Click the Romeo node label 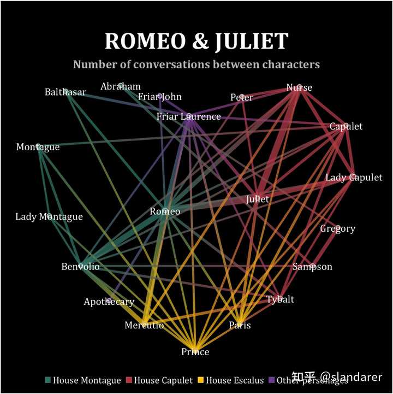tap(165, 211)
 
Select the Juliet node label tap(258, 199)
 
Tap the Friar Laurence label tap(188, 116)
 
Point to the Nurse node tap(299, 87)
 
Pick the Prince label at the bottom tap(195, 352)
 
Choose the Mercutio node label tap(144, 325)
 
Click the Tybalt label tap(280, 299)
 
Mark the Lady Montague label tap(49, 217)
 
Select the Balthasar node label tap(65, 92)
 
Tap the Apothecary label tap(109, 302)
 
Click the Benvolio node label tap(80, 267)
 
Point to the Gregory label tap(337, 228)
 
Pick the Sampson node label tap(312, 267)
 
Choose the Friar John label tap(160, 97)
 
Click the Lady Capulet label tap(354, 178)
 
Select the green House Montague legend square tap(47, 380)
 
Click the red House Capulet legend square tap(129, 380)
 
